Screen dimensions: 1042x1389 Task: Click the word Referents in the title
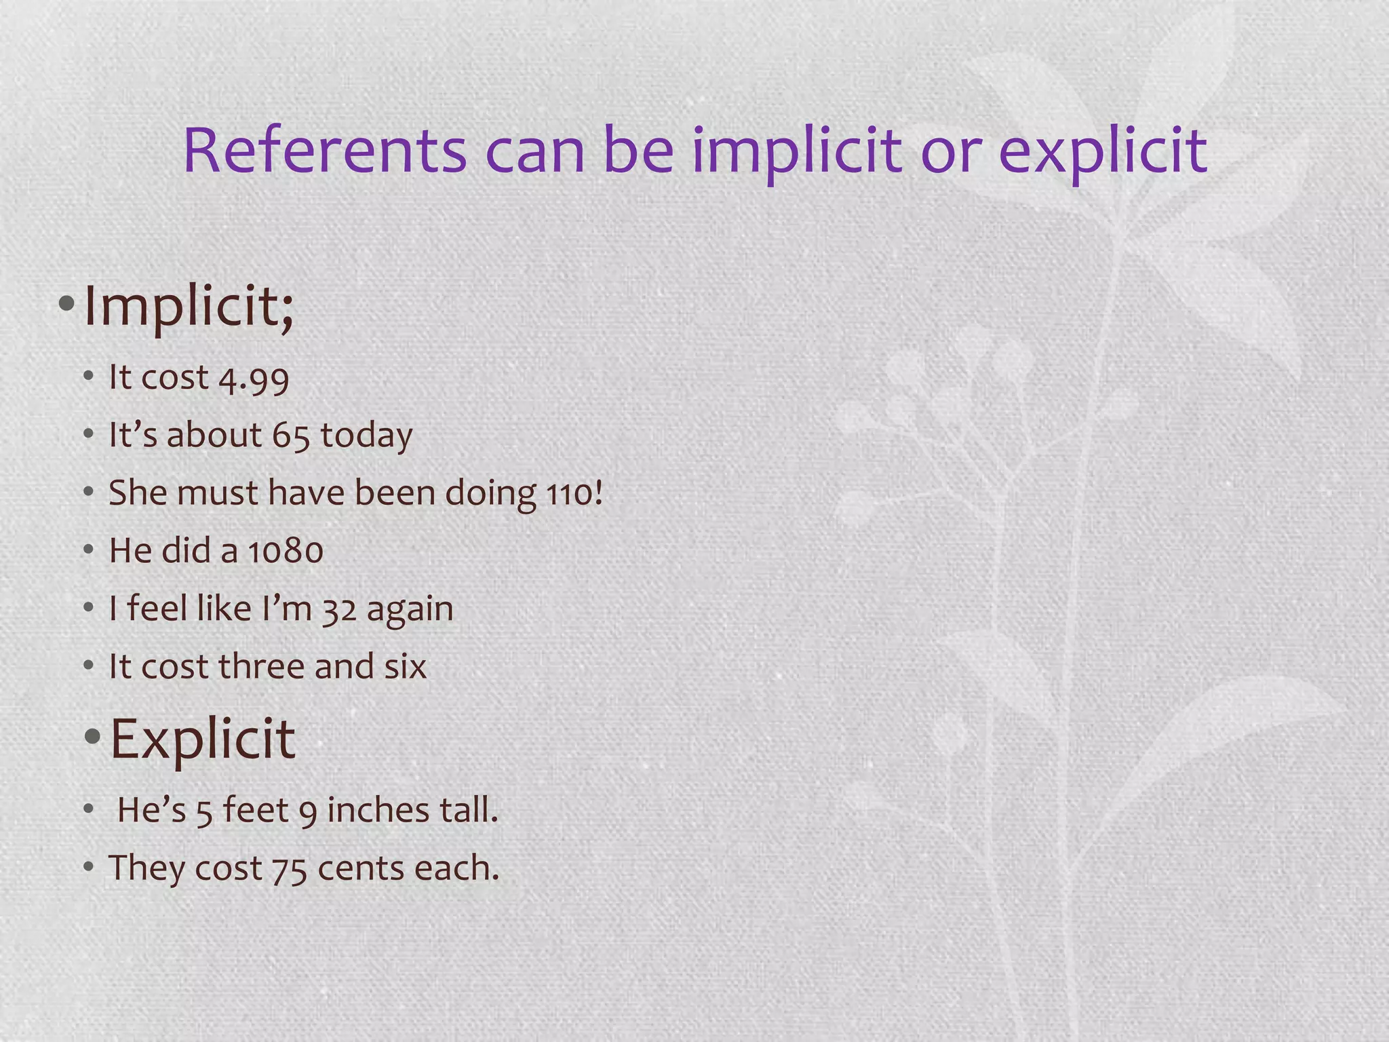(325, 151)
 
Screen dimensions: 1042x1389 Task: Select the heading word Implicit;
(189, 307)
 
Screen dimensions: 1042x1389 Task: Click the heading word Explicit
(202, 739)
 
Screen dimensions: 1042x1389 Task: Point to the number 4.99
(254, 379)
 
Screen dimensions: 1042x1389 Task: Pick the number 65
(291, 436)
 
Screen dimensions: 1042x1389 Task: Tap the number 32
(339, 609)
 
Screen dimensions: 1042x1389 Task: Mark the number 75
(289, 869)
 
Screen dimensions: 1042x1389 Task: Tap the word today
(366, 436)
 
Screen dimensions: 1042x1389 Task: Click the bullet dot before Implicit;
(66, 303)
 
